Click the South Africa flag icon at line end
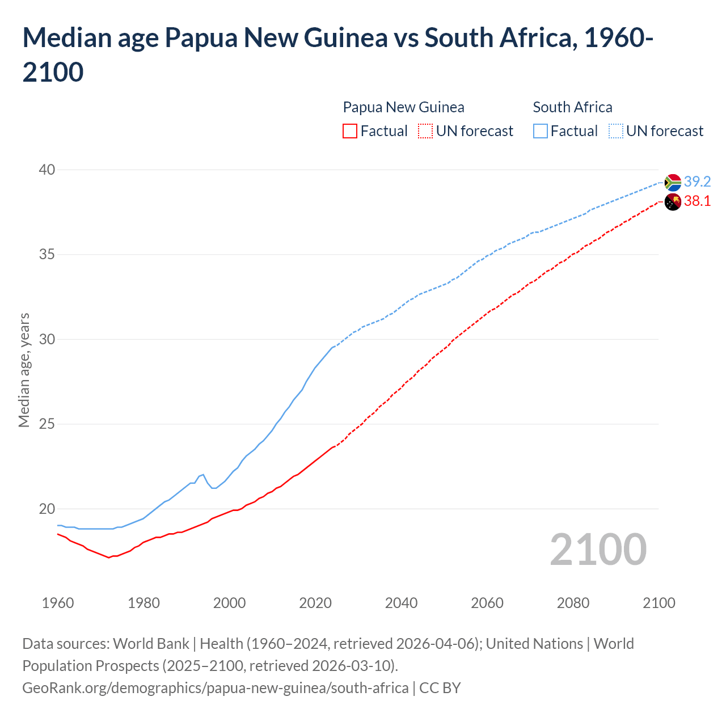point(673,182)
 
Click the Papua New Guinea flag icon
point(673,201)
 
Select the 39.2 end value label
point(697,181)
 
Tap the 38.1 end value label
point(697,201)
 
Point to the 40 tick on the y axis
point(47,170)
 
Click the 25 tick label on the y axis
point(47,424)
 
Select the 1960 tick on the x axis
point(58,603)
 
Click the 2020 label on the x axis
point(315,603)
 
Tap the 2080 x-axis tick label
point(573,603)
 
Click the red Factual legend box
point(350,131)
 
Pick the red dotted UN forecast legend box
point(425,131)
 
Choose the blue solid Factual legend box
point(541,131)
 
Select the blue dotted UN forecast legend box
point(616,131)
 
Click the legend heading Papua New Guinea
point(403,107)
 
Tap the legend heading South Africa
point(572,107)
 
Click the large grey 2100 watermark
point(598,549)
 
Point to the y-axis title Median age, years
point(24,370)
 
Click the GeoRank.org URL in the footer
point(215,688)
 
